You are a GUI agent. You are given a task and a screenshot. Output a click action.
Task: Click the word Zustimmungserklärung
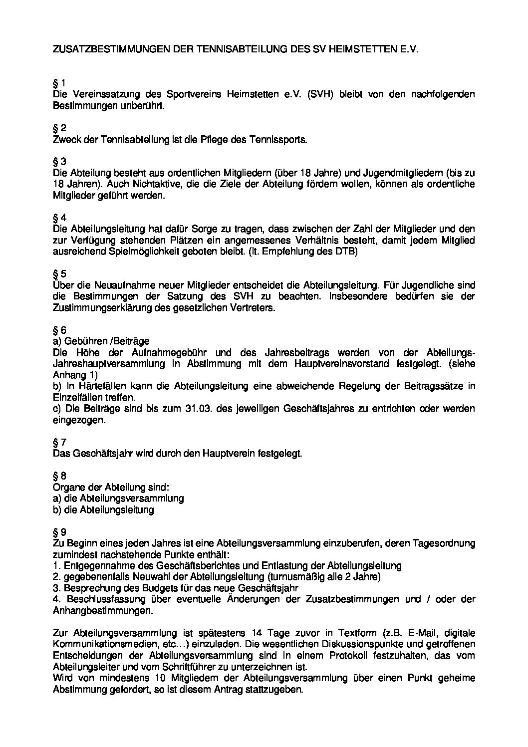99,308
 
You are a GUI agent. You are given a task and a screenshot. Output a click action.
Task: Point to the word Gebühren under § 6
82,341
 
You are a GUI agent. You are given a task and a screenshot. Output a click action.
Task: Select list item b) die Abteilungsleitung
103,510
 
